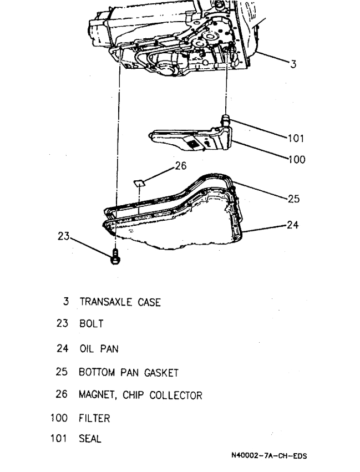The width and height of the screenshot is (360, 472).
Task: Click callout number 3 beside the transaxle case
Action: click(293, 64)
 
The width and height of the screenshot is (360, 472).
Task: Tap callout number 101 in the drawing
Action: click(296, 138)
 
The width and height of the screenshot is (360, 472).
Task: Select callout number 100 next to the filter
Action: click(297, 160)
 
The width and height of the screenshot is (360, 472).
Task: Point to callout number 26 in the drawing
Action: click(181, 165)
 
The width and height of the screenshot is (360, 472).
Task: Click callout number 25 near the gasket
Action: click(293, 200)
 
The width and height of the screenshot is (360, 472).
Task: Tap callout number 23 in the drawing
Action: click(64, 236)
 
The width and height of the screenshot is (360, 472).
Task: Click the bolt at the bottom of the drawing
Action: click(115, 257)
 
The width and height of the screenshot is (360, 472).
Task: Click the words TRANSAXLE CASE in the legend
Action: click(120, 302)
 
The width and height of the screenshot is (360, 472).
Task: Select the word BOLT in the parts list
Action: click(91, 324)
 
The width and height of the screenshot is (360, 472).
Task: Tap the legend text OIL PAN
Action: click(98, 349)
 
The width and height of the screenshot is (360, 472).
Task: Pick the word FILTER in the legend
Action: click(94, 418)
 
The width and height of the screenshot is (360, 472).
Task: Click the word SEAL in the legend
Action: click(90, 439)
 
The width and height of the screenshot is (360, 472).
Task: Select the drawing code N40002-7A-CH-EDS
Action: click(269, 456)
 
